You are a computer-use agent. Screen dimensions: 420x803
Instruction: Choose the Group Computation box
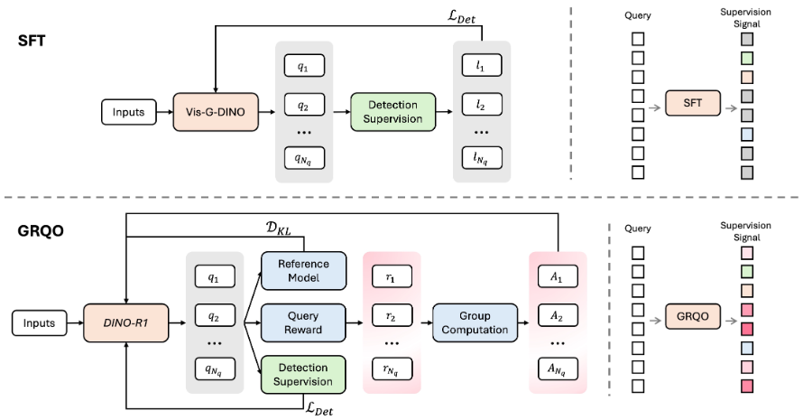pyautogui.click(x=474, y=322)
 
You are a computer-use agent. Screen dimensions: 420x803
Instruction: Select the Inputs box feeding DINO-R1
pyautogui.click(x=40, y=322)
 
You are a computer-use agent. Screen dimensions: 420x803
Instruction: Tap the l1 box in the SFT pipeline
pyautogui.click(x=480, y=67)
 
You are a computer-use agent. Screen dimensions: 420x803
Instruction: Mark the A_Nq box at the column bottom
pyautogui.click(x=557, y=369)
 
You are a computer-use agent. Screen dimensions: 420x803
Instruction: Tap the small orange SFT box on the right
pyautogui.click(x=691, y=105)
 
